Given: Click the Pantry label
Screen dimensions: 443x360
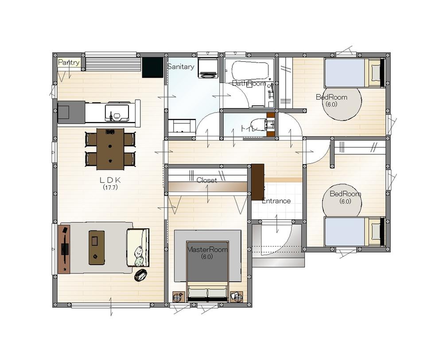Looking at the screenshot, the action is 69,62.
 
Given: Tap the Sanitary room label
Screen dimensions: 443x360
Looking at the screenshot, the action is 181,67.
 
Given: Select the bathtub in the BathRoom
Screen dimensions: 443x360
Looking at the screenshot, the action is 250,70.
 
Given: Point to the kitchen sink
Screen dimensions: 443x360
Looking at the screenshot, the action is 117,113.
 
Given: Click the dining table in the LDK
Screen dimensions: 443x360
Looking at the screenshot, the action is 110,149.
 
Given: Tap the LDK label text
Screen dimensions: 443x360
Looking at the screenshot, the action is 110,180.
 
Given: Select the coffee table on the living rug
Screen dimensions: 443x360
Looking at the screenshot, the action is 97,247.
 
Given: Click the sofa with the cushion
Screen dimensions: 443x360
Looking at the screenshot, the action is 138,247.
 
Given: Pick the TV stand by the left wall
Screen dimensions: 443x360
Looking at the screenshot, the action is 64,249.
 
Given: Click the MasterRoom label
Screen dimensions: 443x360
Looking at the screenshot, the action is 207,250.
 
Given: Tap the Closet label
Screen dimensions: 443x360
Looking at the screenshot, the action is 207,180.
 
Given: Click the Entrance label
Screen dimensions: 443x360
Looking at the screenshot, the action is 276,201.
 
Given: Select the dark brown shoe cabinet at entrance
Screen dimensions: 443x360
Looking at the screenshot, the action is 258,182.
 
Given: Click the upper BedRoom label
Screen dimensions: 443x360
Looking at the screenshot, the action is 331,97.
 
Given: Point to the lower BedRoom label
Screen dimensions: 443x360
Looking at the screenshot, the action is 345,194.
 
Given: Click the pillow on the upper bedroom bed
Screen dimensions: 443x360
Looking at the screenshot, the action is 376,72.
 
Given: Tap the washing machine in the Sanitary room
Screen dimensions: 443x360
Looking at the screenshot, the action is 208,68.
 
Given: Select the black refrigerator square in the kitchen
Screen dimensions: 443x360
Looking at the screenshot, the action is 152,67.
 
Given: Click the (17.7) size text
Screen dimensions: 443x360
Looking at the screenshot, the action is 110,187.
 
